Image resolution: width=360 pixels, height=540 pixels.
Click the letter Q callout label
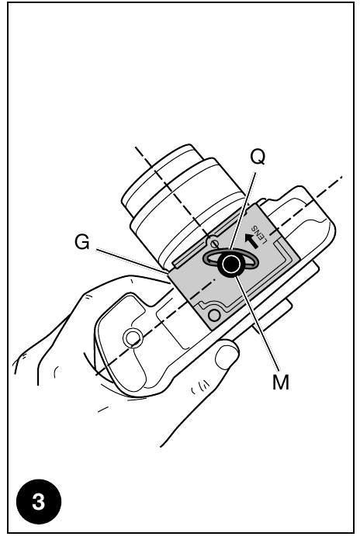(x=258, y=157)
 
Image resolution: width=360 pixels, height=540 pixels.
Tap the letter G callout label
(x=82, y=242)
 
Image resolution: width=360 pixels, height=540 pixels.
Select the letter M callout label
(x=281, y=382)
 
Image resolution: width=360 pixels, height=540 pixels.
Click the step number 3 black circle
(x=39, y=501)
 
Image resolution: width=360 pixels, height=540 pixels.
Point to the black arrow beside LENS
(x=251, y=241)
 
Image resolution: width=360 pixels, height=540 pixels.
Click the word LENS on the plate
(x=259, y=234)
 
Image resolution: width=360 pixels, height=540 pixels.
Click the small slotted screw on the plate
(x=215, y=244)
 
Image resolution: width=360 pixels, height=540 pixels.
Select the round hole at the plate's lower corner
(x=214, y=315)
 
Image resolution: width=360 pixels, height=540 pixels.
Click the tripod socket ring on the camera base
(x=133, y=337)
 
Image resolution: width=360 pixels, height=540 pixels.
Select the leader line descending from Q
(x=243, y=212)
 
